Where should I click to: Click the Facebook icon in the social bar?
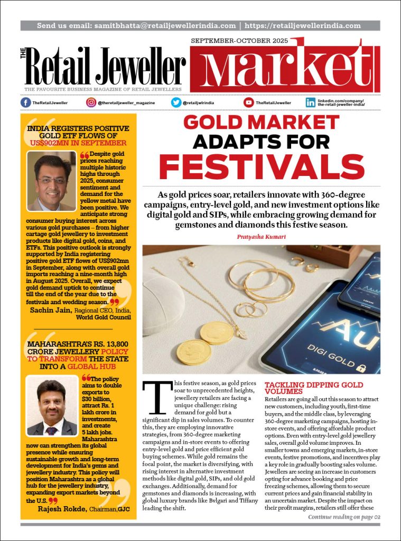[x=25, y=102]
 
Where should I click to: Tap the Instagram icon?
[x=91, y=102]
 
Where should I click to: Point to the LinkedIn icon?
[x=311, y=102]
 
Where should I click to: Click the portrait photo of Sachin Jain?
[x=51, y=181]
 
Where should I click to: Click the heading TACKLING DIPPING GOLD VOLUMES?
[x=313, y=388]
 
